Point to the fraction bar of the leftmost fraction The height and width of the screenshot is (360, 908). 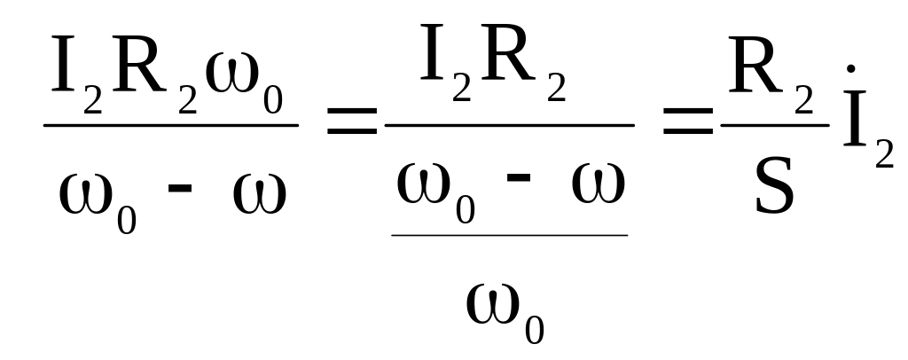tap(170, 125)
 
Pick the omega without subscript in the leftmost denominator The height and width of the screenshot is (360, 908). tap(259, 194)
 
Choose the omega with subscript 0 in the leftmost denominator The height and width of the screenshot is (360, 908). tap(86, 194)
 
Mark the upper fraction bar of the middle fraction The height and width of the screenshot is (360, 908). tap(509, 125)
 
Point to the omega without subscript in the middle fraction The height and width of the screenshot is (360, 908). tap(598, 181)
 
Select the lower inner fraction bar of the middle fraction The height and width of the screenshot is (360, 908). tap(510, 235)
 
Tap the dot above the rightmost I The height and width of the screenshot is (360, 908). tap(852, 68)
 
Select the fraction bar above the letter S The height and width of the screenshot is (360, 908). tap(774, 125)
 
